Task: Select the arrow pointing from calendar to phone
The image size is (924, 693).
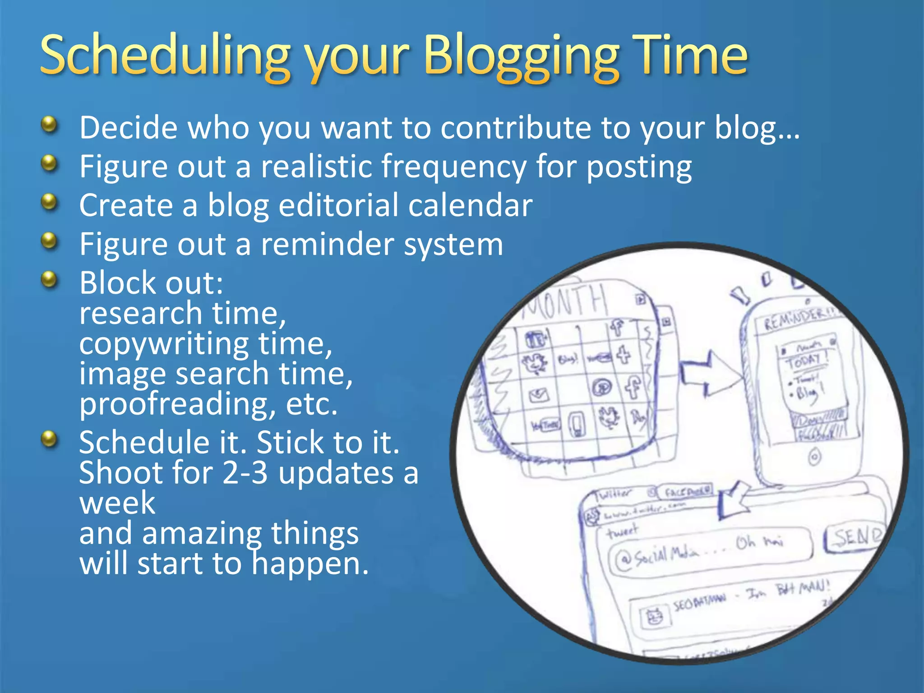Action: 708,373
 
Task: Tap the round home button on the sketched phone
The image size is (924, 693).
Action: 814,457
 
